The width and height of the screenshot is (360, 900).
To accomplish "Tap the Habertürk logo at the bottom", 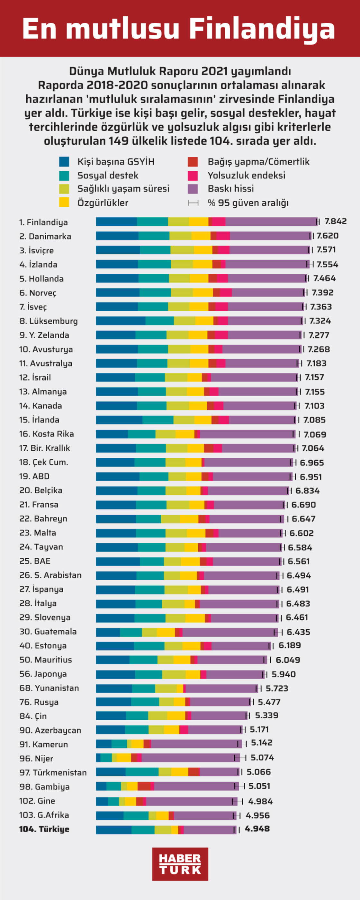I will pos(180,864).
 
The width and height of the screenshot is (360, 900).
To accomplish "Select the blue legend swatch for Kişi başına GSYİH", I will pos(64,162).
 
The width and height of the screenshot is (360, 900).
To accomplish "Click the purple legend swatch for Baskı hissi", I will pos(193,189).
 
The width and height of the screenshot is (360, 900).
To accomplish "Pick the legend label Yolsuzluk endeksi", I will pos(247,175).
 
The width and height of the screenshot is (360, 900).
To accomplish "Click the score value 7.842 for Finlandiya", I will pos(336,221).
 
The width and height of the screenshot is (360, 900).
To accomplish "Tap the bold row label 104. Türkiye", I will pos(44,829).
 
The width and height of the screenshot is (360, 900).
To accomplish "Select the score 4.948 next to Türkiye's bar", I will pos(257,829).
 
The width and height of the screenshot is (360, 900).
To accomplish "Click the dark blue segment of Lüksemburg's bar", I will pos(121,321).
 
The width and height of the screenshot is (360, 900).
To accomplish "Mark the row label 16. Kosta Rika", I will pos(47,434).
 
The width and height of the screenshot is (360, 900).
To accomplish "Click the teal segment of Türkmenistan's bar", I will pos(142,772).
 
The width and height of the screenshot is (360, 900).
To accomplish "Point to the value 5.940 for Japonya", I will pos(283,674).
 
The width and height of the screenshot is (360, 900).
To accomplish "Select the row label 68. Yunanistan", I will pos(49,688).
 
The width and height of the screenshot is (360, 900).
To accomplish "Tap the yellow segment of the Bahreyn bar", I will pos(189,519).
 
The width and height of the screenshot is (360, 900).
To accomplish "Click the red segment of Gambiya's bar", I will pos(144,787).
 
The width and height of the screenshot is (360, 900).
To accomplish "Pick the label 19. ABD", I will pos(34,476).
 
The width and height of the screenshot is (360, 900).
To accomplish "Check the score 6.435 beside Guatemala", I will pos(298,632).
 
